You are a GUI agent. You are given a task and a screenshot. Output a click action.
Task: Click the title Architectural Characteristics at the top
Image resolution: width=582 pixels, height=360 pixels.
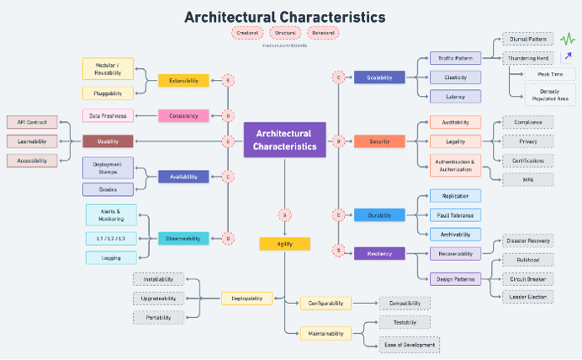click(x=285, y=17)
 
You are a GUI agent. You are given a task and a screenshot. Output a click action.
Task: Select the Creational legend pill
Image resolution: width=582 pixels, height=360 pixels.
click(x=247, y=33)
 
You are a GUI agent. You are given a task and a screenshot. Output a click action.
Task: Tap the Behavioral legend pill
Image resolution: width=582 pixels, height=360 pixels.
click(x=323, y=33)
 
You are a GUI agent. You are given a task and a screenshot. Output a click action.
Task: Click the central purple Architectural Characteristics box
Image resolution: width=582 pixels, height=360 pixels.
click(x=283, y=140)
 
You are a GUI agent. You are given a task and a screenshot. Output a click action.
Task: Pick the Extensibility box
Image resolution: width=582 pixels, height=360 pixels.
click(x=183, y=81)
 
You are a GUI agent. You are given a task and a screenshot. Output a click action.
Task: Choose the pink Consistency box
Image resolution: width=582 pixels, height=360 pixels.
click(x=183, y=116)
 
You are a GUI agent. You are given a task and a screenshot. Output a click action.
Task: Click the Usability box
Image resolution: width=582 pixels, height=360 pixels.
click(x=108, y=141)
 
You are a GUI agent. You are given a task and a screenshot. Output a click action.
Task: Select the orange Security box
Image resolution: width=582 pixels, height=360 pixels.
click(x=379, y=141)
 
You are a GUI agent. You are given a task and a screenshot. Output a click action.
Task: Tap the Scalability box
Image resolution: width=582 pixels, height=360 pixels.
click(x=379, y=77)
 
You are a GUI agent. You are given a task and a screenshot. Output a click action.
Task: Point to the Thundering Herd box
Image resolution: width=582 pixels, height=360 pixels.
click(x=528, y=58)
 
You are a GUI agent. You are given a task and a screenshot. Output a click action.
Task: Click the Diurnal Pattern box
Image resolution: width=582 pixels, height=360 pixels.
click(x=528, y=39)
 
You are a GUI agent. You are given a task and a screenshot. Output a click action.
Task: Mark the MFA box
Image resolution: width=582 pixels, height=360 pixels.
click(x=528, y=179)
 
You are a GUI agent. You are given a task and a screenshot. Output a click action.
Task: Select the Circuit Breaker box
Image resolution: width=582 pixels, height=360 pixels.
click(x=528, y=278)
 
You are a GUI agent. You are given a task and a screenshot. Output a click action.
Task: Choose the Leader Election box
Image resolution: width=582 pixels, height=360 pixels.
click(x=528, y=297)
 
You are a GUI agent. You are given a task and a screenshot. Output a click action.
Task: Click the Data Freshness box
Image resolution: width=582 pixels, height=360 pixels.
click(x=108, y=116)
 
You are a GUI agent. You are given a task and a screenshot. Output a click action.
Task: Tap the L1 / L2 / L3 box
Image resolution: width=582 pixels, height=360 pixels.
click(x=111, y=239)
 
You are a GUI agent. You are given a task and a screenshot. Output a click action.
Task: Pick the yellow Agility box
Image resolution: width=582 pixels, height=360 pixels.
click(x=284, y=244)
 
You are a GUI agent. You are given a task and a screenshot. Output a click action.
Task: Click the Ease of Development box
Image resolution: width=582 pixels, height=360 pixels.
click(x=409, y=344)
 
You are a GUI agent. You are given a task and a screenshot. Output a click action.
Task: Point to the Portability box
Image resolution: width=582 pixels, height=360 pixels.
click(x=158, y=317)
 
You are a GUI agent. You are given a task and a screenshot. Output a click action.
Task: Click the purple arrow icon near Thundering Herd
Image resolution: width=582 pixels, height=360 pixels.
click(x=567, y=57)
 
